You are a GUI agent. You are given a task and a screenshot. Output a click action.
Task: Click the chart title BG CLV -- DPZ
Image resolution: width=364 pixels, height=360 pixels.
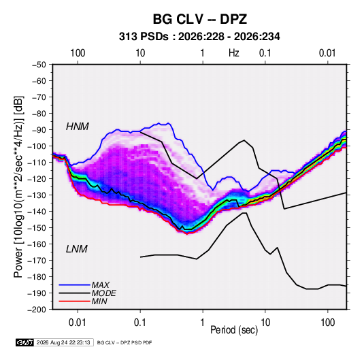199,19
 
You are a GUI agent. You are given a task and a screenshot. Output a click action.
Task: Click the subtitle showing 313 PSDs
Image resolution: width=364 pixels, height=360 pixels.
199,37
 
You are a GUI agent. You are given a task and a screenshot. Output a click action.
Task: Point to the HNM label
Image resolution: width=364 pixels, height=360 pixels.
78,127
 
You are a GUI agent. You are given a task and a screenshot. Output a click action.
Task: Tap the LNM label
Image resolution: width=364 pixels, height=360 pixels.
77,249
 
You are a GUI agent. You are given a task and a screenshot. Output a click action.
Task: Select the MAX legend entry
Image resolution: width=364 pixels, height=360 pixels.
100,285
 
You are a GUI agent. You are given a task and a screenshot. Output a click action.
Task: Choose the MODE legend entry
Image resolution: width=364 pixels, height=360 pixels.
103,293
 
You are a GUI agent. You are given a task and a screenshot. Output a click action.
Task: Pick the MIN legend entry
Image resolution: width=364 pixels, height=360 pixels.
99,301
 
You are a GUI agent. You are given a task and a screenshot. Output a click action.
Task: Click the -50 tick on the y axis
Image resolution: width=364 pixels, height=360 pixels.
39,65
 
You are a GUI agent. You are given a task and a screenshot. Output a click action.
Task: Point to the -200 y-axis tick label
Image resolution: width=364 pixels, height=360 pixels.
37,310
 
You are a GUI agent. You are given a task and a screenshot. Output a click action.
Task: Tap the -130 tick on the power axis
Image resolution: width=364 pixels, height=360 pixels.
37,195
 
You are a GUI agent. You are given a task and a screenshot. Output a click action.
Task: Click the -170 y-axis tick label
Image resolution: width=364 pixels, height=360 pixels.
37,261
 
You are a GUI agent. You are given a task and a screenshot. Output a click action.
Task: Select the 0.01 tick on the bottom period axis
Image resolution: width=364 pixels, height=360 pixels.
78,323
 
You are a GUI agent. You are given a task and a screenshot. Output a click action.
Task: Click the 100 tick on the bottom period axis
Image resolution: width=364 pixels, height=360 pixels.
327,323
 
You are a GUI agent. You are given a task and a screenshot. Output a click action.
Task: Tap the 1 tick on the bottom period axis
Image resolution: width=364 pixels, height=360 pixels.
203,323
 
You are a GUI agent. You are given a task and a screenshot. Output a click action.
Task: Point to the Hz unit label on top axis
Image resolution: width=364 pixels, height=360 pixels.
234,53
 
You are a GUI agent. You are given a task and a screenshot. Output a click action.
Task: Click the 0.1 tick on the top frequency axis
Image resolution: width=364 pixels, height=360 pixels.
265,53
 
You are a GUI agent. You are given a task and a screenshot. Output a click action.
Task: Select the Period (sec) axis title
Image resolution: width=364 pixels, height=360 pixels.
234,330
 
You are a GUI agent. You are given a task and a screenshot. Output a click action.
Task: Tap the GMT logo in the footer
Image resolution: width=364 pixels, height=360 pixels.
25,342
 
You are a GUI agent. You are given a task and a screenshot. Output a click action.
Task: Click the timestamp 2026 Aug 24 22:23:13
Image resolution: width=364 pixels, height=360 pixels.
63,342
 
